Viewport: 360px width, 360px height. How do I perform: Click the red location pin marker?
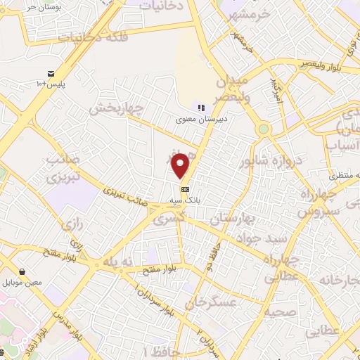click(181, 166)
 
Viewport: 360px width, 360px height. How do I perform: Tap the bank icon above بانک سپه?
click(185, 189)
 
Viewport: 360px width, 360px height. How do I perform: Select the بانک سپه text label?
click(185, 200)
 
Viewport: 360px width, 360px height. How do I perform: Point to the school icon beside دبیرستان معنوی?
click(201, 108)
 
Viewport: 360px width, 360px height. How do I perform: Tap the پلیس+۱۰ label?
click(51, 84)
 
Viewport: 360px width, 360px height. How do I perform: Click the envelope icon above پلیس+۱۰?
click(51, 74)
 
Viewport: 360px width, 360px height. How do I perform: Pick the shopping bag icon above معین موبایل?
click(23, 271)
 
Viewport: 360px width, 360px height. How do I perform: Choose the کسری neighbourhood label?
click(172, 220)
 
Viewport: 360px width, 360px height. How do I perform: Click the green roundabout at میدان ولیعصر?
click(263, 129)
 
